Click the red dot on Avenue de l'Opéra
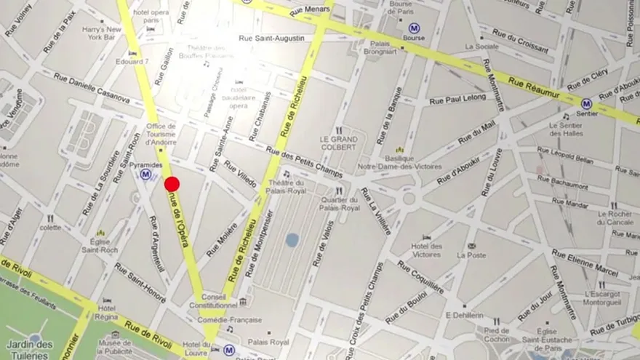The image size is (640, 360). [172, 184]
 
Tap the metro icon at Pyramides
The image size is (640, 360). [146, 175]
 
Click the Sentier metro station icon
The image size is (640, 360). [587, 104]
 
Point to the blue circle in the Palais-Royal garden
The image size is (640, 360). [292, 239]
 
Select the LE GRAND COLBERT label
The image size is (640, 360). [339, 141]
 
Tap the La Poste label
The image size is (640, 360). [470, 255]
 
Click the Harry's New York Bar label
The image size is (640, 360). [101, 33]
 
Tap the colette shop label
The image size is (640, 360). [50, 228]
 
